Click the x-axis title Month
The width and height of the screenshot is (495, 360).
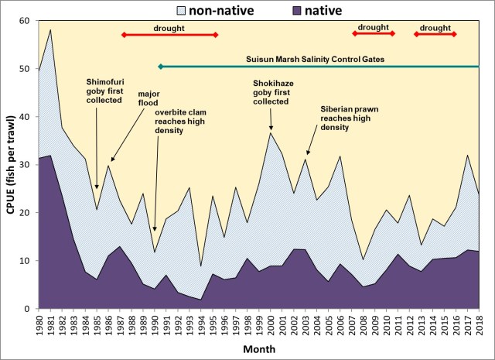click(x=258, y=350)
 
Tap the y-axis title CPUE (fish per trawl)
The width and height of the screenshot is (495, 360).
click(x=9, y=165)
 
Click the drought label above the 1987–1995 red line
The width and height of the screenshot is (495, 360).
click(x=169, y=27)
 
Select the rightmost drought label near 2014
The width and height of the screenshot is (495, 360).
click(x=435, y=27)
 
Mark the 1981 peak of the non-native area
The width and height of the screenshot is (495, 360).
click(x=50, y=30)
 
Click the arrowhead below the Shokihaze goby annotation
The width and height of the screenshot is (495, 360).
click(x=271, y=129)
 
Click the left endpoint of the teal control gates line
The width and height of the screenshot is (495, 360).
click(x=159, y=67)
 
